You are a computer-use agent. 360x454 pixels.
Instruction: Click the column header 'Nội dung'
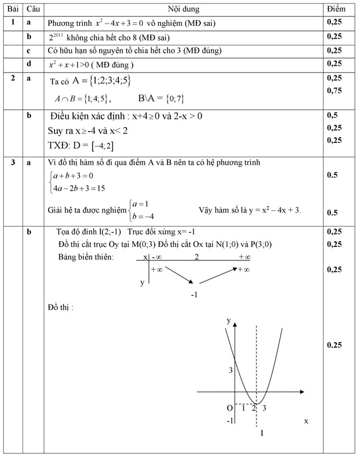[x=183, y=10]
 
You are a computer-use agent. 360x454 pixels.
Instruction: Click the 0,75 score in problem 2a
[x=334, y=90]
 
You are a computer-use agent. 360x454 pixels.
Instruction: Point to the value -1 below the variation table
[x=195, y=294]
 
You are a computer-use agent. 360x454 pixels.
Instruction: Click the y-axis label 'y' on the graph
[x=229, y=320]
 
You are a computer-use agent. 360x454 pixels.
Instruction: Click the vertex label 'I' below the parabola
[x=262, y=433]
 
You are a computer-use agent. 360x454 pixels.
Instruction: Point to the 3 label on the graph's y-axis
[x=229, y=370]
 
